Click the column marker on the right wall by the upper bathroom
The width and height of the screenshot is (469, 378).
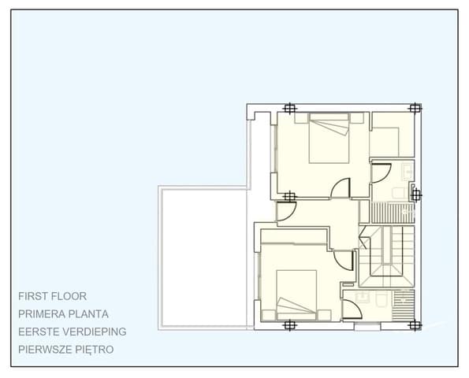coord(416,195)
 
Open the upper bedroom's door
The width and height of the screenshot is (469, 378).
coord(341,189)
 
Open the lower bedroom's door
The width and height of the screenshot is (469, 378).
coord(344,261)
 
